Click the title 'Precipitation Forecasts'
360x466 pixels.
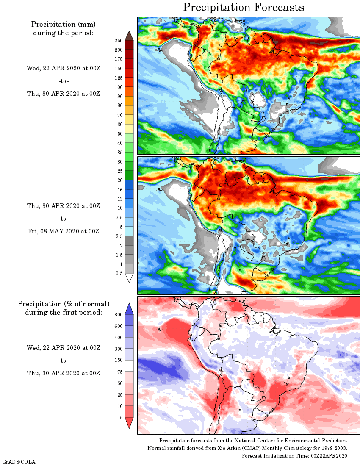(x=244, y=7)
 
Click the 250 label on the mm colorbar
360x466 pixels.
(x=118, y=41)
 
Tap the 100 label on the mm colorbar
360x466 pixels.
(x=118, y=87)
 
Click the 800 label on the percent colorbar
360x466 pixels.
(x=118, y=315)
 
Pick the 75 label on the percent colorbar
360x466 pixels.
(x=120, y=372)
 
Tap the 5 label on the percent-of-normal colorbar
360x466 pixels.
(x=121, y=417)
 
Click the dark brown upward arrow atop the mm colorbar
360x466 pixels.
(x=130, y=36)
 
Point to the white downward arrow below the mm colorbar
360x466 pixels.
(x=130, y=277)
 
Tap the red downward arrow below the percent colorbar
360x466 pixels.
(x=130, y=422)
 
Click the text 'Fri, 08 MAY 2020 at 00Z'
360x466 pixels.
(x=63, y=231)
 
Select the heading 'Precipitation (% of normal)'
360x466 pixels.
(x=64, y=304)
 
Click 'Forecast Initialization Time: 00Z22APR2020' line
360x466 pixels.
(x=294, y=455)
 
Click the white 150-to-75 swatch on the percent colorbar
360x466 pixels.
(x=130, y=366)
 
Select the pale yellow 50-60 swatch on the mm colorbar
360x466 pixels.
(x=130, y=129)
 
